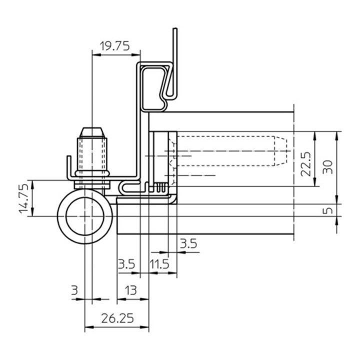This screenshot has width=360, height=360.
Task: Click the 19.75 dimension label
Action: pos(115,46)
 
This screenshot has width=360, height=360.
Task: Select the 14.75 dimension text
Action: pos(24,198)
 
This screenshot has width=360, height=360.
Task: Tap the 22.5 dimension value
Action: pos(306,164)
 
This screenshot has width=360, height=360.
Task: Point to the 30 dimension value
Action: pos(327,167)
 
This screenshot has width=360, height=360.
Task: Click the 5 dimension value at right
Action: pos(328,210)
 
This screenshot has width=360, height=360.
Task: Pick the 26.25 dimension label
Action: pos(117,318)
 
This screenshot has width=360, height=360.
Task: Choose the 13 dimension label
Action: pos(131,290)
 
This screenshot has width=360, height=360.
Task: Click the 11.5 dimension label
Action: pos(159,264)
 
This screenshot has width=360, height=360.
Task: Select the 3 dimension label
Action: pos(74,290)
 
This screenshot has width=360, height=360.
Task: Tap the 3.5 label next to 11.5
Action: pos(126,264)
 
